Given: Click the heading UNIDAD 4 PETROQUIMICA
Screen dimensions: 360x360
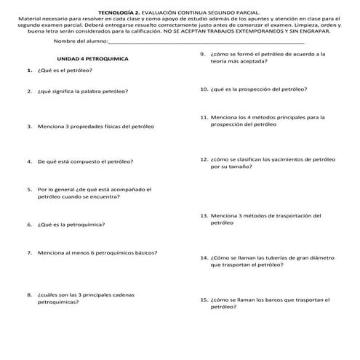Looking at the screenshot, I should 92,58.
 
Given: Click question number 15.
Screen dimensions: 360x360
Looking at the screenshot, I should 204,299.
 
